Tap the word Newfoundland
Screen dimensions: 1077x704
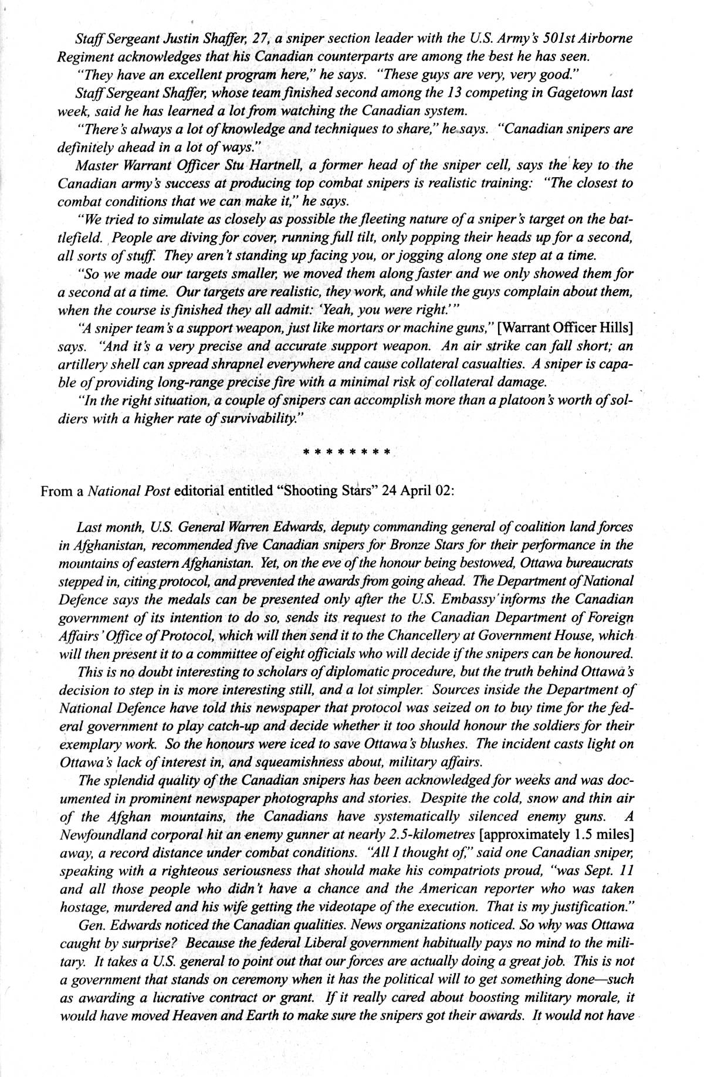pyautogui.click(x=100, y=835)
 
